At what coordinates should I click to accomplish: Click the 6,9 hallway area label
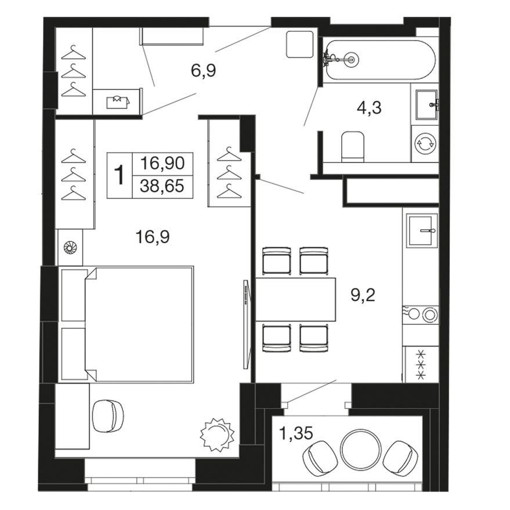pos(204,71)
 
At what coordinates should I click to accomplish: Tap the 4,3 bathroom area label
pos(369,108)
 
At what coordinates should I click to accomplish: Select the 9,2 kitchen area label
pos(363,295)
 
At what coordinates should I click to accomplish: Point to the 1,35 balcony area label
pos(296,433)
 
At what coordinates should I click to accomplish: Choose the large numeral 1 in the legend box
pos(120,175)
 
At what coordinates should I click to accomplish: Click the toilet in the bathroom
pos(353,146)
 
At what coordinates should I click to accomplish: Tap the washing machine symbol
pos(425,143)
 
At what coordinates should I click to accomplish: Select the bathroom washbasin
pos(428,105)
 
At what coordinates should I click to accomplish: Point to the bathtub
pos(379,60)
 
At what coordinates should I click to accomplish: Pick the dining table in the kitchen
pos(295,299)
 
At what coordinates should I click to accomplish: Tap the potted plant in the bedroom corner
pos(216,435)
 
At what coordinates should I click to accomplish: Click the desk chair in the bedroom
pos(108,416)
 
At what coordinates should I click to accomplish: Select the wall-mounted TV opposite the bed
pos(247,324)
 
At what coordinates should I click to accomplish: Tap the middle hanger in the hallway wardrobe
pos(74,71)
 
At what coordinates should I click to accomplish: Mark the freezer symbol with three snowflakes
pos(421,364)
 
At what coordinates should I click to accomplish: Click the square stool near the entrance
pos(299,44)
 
